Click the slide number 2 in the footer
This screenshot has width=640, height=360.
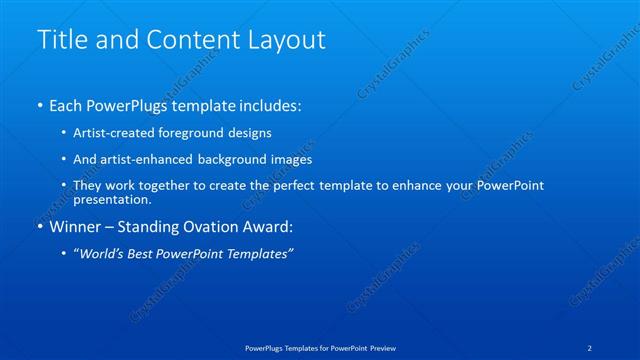(590, 347)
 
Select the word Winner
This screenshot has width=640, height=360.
(77, 227)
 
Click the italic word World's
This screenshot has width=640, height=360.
(103, 254)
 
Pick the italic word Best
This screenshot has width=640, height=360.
(147, 254)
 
